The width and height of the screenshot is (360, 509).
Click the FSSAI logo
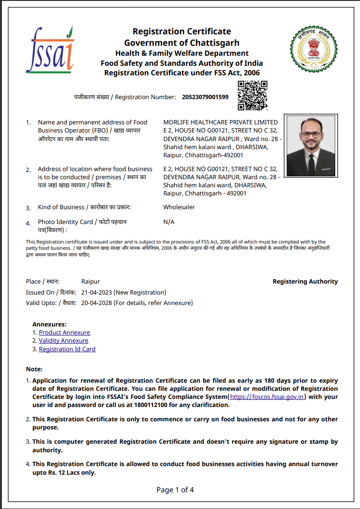click(x=50, y=50)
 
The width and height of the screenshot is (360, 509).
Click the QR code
click(x=252, y=95)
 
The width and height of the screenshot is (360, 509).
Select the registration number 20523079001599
click(x=205, y=97)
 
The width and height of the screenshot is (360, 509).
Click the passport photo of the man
click(x=310, y=146)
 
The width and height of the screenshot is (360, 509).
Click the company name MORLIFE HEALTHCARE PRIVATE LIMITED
click(x=220, y=122)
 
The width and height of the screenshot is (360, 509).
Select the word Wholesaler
click(x=179, y=207)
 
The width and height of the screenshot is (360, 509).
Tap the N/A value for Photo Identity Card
click(x=169, y=222)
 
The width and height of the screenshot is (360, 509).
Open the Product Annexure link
click(x=64, y=333)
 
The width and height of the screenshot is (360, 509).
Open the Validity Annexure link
click(x=63, y=341)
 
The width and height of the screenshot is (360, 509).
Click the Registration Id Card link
click(x=67, y=349)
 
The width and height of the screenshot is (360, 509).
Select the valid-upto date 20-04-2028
click(x=97, y=303)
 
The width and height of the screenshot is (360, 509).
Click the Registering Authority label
click(x=305, y=282)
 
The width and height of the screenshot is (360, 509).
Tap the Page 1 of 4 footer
click(x=175, y=490)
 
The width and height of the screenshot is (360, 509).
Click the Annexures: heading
click(x=50, y=325)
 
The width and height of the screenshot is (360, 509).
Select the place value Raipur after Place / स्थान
click(x=90, y=282)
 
